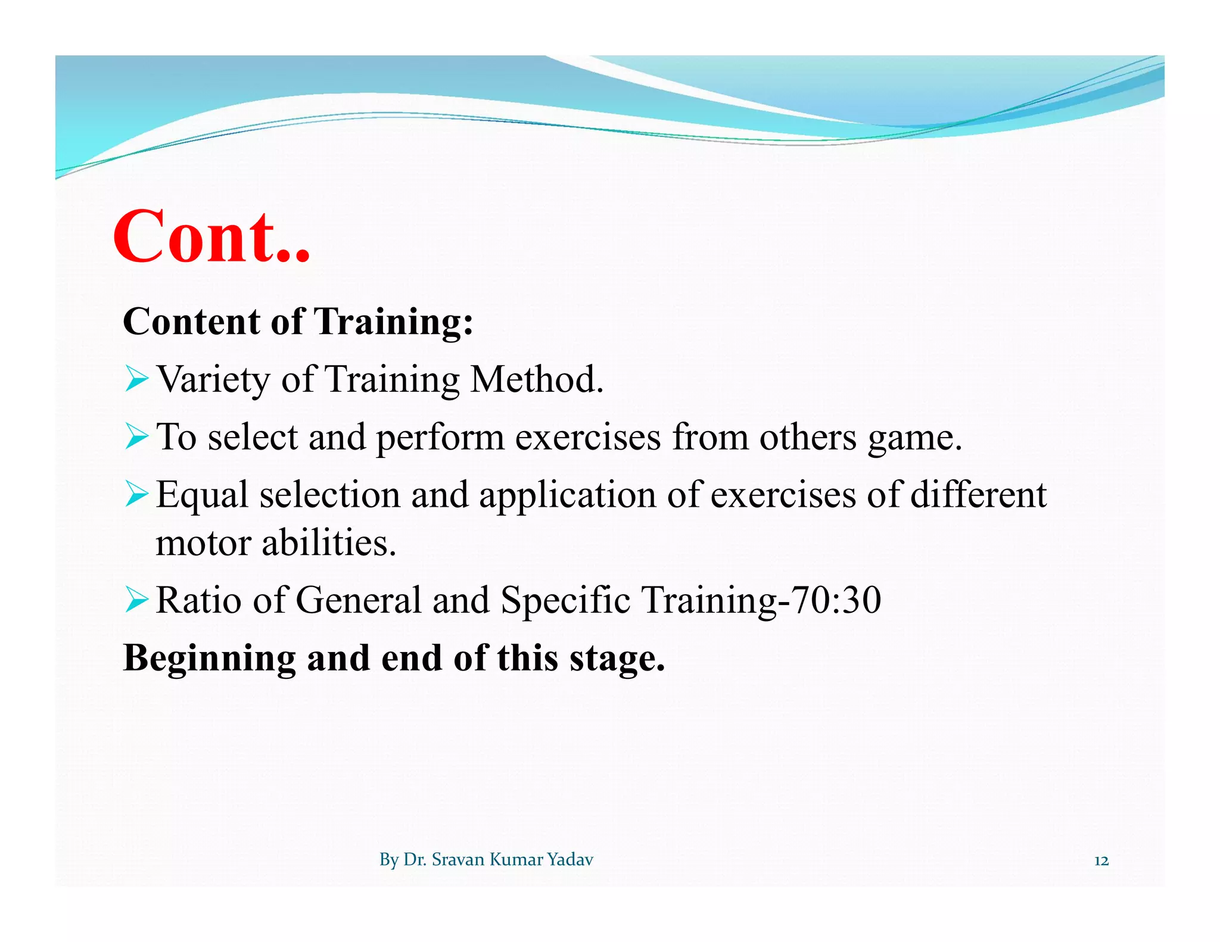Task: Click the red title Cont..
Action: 211,236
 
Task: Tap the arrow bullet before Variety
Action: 136,379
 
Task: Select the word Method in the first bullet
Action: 536,379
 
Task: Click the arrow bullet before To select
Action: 136,437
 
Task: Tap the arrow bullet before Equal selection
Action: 136,495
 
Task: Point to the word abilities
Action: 328,543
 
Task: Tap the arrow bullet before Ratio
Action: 136,600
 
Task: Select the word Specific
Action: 565,600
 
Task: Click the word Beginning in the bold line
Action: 209,659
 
